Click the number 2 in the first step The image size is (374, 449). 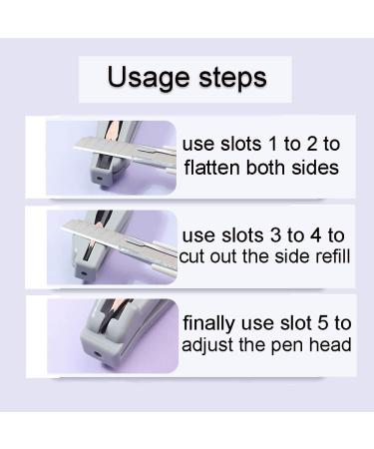(x=312, y=145)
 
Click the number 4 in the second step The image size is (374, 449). (x=315, y=235)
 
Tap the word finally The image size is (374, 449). (x=209, y=324)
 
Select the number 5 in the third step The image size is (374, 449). (x=322, y=323)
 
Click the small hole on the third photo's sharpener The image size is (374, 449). (x=98, y=354)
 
